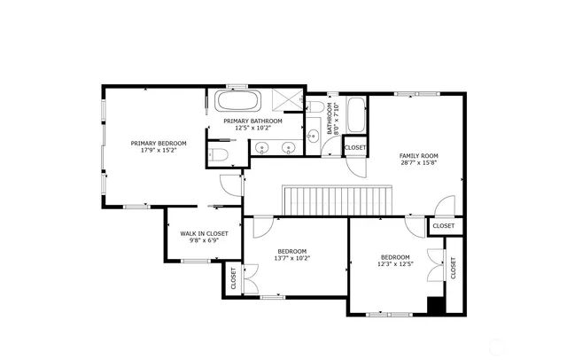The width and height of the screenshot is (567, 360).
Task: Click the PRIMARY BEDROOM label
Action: tap(159, 143)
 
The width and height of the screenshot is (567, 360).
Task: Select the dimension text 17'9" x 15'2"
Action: tap(159, 150)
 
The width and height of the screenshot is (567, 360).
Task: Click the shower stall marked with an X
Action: tap(286, 100)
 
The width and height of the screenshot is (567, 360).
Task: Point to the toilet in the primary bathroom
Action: tap(220, 157)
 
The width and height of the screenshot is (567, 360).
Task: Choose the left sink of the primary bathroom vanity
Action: tap(263, 149)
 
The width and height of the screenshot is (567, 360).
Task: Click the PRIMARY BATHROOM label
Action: tap(252, 121)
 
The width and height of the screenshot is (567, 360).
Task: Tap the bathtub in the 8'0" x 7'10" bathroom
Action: tap(356, 113)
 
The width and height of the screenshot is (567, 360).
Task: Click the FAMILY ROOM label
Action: tap(418, 156)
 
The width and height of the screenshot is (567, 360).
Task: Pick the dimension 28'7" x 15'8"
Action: tap(418, 163)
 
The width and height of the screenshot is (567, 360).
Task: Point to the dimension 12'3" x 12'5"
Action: tap(395, 262)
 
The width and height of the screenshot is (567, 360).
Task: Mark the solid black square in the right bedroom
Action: tap(436, 306)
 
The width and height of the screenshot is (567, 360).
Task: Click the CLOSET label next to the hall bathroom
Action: tap(355, 147)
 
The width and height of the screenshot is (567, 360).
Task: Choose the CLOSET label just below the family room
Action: tap(443, 226)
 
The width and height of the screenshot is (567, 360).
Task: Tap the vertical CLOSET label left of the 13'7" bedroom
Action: tap(233, 278)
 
